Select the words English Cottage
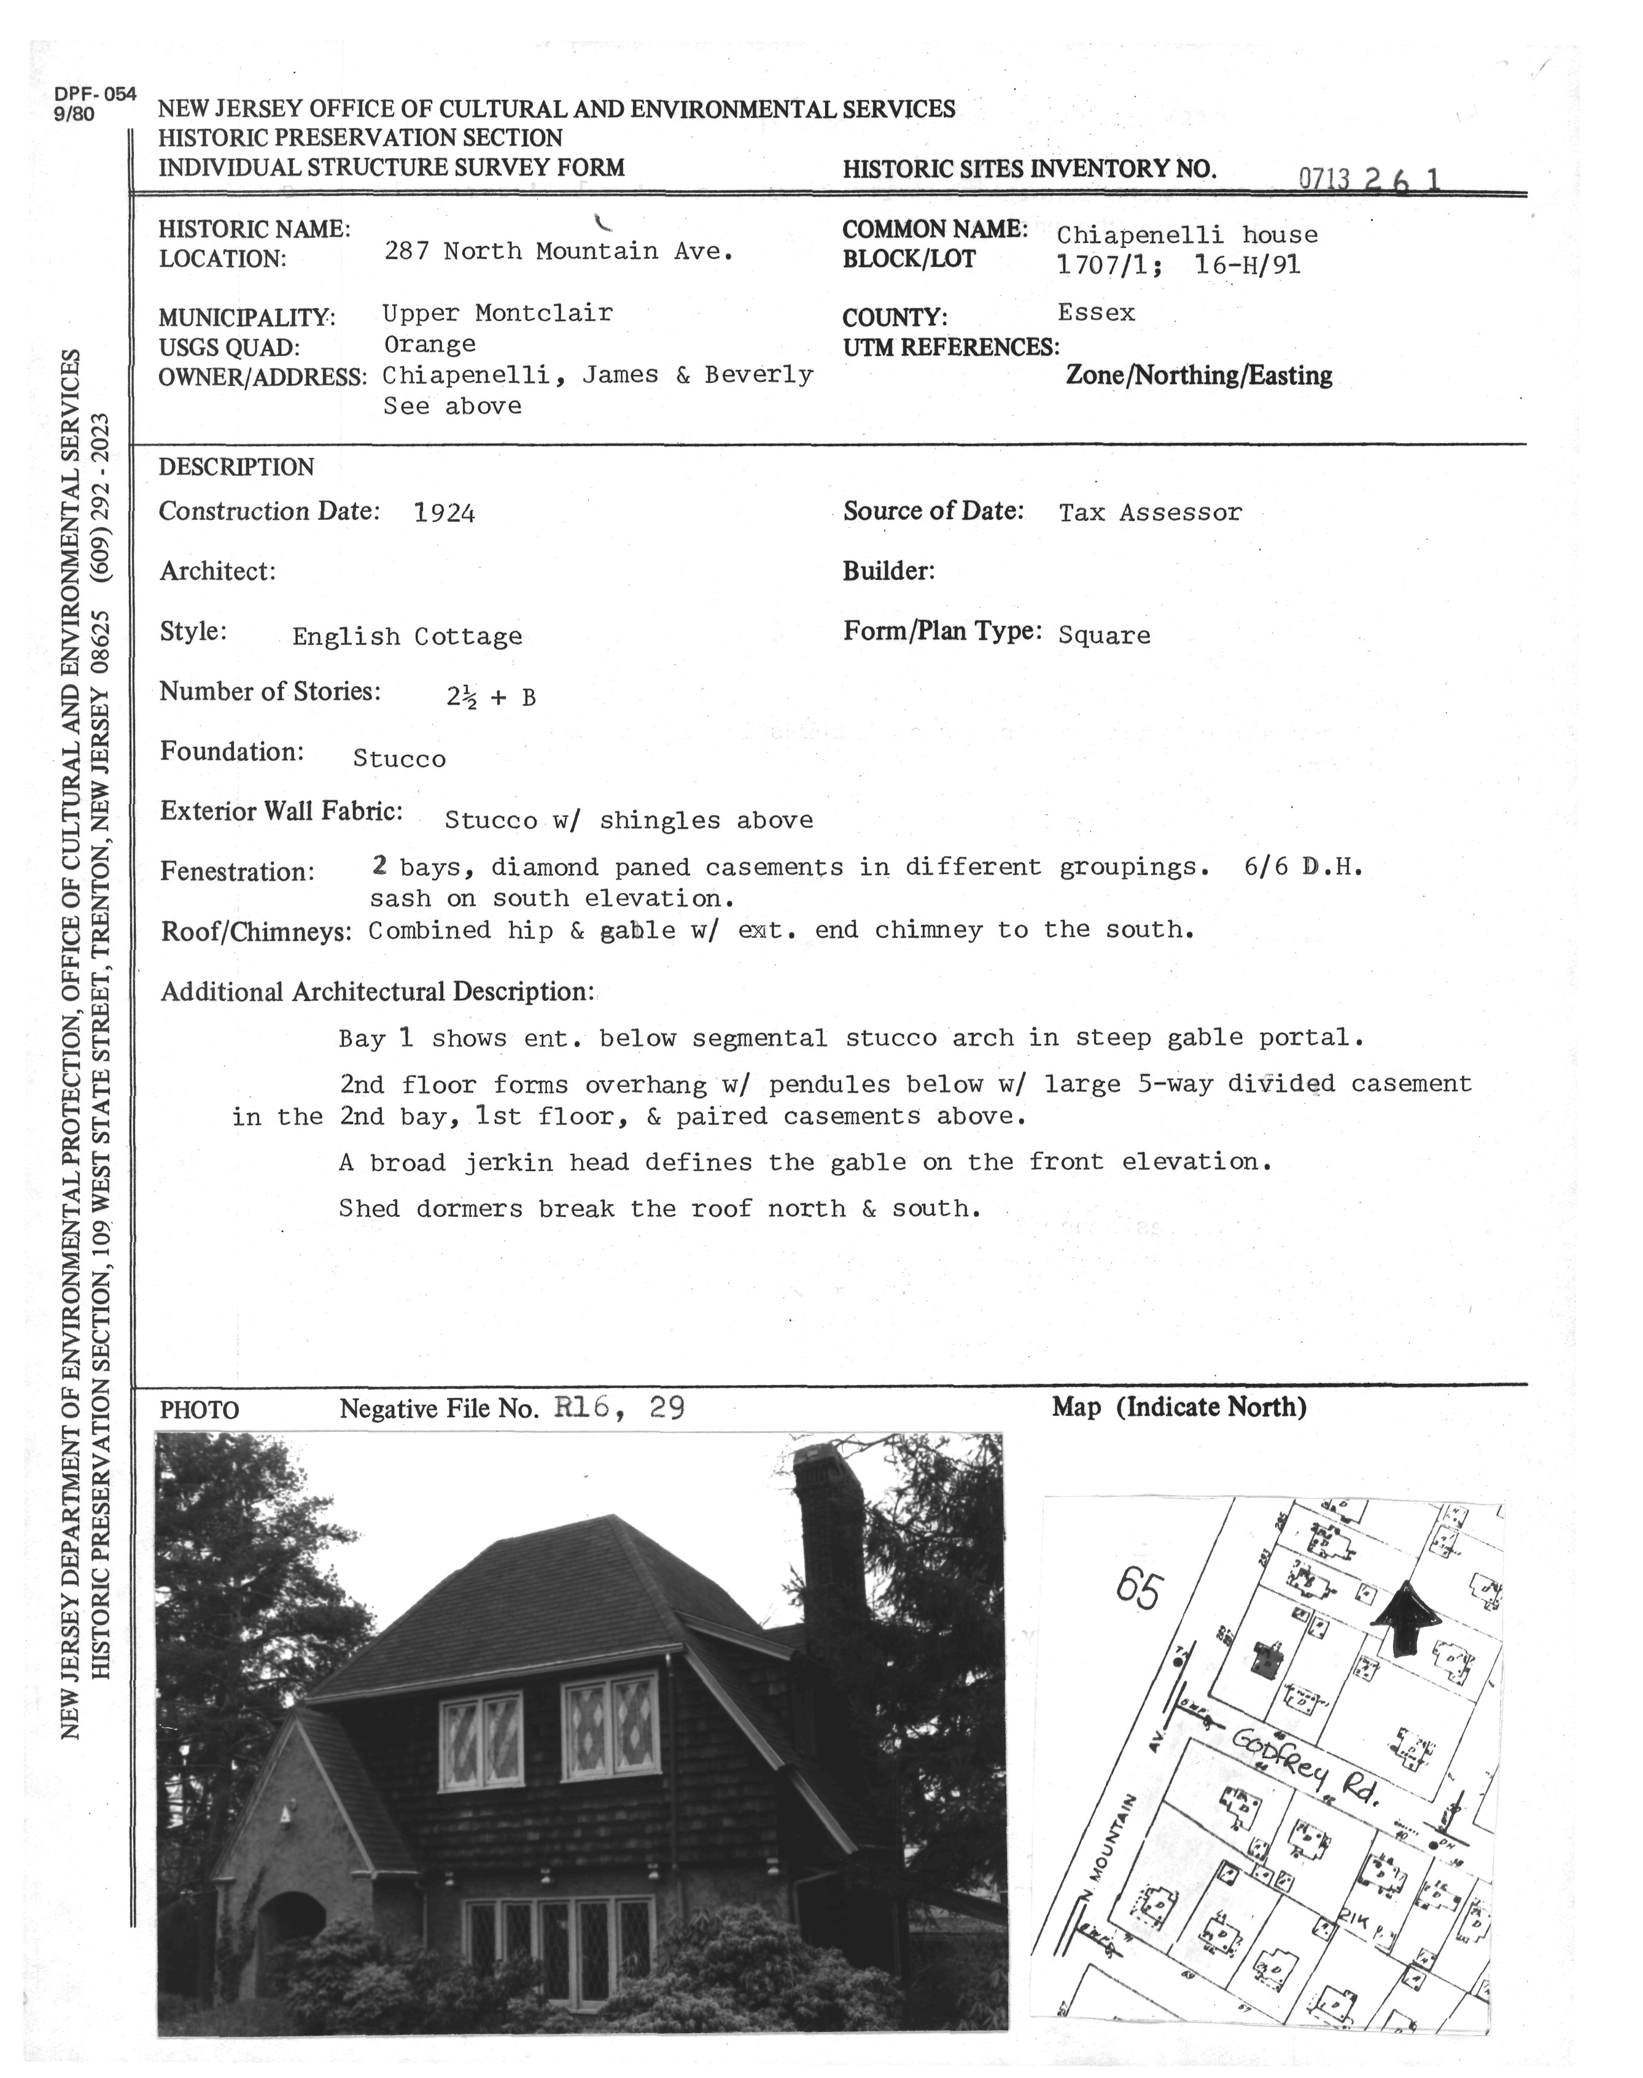tap(407, 636)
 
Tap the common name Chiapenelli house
tap(1186, 234)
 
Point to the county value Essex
tap(1096, 312)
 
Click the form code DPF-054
tap(95, 95)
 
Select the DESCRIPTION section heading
tap(236, 467)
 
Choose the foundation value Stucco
tap(399, 759)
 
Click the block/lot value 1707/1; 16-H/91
tap(1178, 265)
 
